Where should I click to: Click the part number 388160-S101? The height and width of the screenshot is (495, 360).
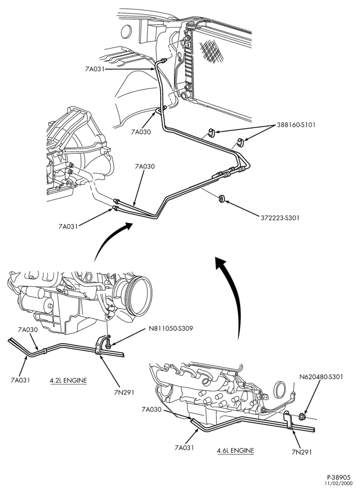pyautogui.click(x=296, y=125)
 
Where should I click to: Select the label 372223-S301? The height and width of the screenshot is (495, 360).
pyautogui.click(x=280, y=217)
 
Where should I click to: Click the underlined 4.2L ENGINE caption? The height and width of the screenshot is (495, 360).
pyautogui.click(x=68, y=380)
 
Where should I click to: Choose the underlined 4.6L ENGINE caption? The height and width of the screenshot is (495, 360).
pyautogui.click(x=235, y=450)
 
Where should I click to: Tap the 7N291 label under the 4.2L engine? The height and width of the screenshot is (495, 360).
pyautogui.click(x=125, y=393)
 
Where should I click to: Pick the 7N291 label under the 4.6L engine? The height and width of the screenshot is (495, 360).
pyautogui.click(x=302, y=452)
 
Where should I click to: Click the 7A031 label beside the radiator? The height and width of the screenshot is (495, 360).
pyautogui.click(x=95, y=69)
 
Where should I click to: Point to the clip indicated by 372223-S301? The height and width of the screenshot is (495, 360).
pyautogui.click(x=222, y=198)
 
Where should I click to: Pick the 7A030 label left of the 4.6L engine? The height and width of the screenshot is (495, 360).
pyautogui.click(x=151, y=409)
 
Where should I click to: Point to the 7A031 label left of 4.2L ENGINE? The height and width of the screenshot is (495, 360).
pyautogui.click(x=20, y=380)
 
